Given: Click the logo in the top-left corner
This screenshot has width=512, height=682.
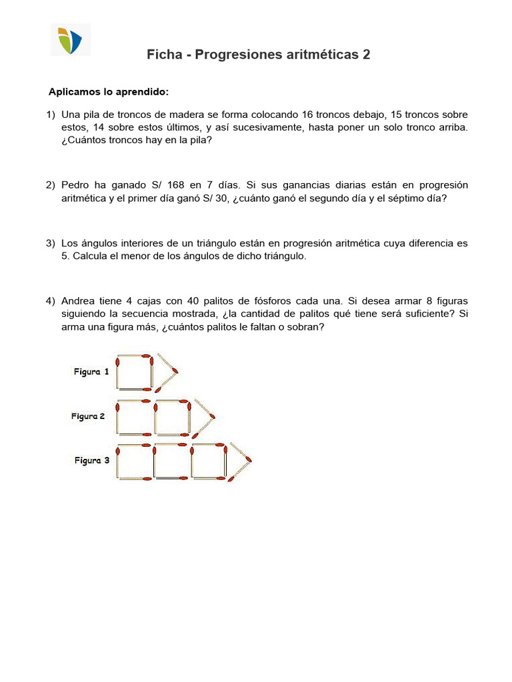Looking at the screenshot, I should (x=70, y=40).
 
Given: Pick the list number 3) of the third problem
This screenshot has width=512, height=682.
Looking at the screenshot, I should (x=51, y=244).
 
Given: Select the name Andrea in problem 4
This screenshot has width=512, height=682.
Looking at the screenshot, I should (x=78, y=301).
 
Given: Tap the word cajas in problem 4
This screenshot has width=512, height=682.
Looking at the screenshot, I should (x=150, y=301).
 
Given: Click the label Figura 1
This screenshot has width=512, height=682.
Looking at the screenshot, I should (x=91, y=372).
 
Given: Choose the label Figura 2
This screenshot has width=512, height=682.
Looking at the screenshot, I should (x=89, y=416).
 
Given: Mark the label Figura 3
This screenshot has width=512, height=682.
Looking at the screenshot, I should (x=91, y=460).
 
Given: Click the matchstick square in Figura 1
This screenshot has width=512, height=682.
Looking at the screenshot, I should (x=135, y=372).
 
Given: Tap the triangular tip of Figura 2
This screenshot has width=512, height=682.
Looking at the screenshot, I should (x=203, y=417).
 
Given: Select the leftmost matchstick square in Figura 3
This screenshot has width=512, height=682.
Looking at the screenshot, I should (x=136, y=461).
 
